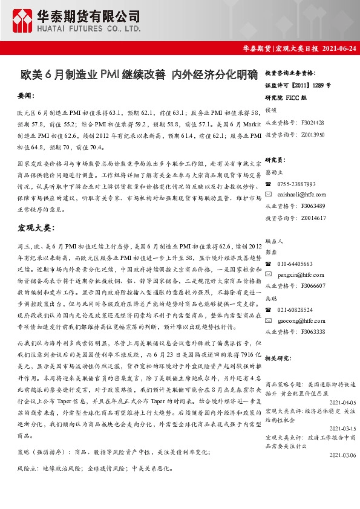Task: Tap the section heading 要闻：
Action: pyautogui.click(x=26, y=96)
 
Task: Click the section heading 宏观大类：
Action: pyautogui.click(x=36, y=228)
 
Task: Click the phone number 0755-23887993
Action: pyautogui.click(x=296, y=184)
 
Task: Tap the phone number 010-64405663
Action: pyautogui.click(x=295, y=264)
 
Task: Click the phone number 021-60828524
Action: pyautogui.click(x=295, y=310)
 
